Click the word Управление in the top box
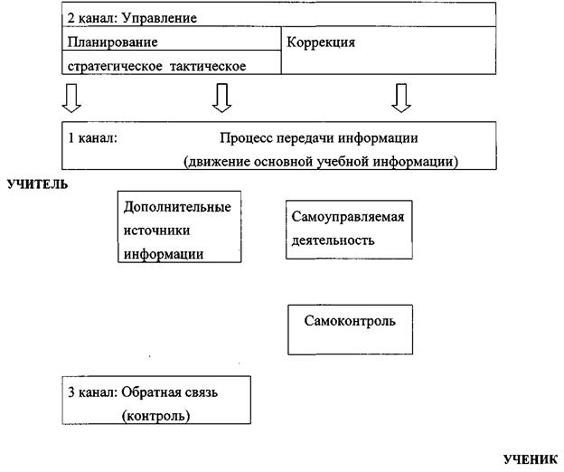coord(157,17)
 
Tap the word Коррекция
coord(322,42)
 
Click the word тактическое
coord(208,65)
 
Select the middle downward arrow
coord(220,95)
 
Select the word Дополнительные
coord(178,207)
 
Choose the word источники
coord(155,231)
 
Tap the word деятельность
coord(333,241)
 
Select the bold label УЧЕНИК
coord(530,458)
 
